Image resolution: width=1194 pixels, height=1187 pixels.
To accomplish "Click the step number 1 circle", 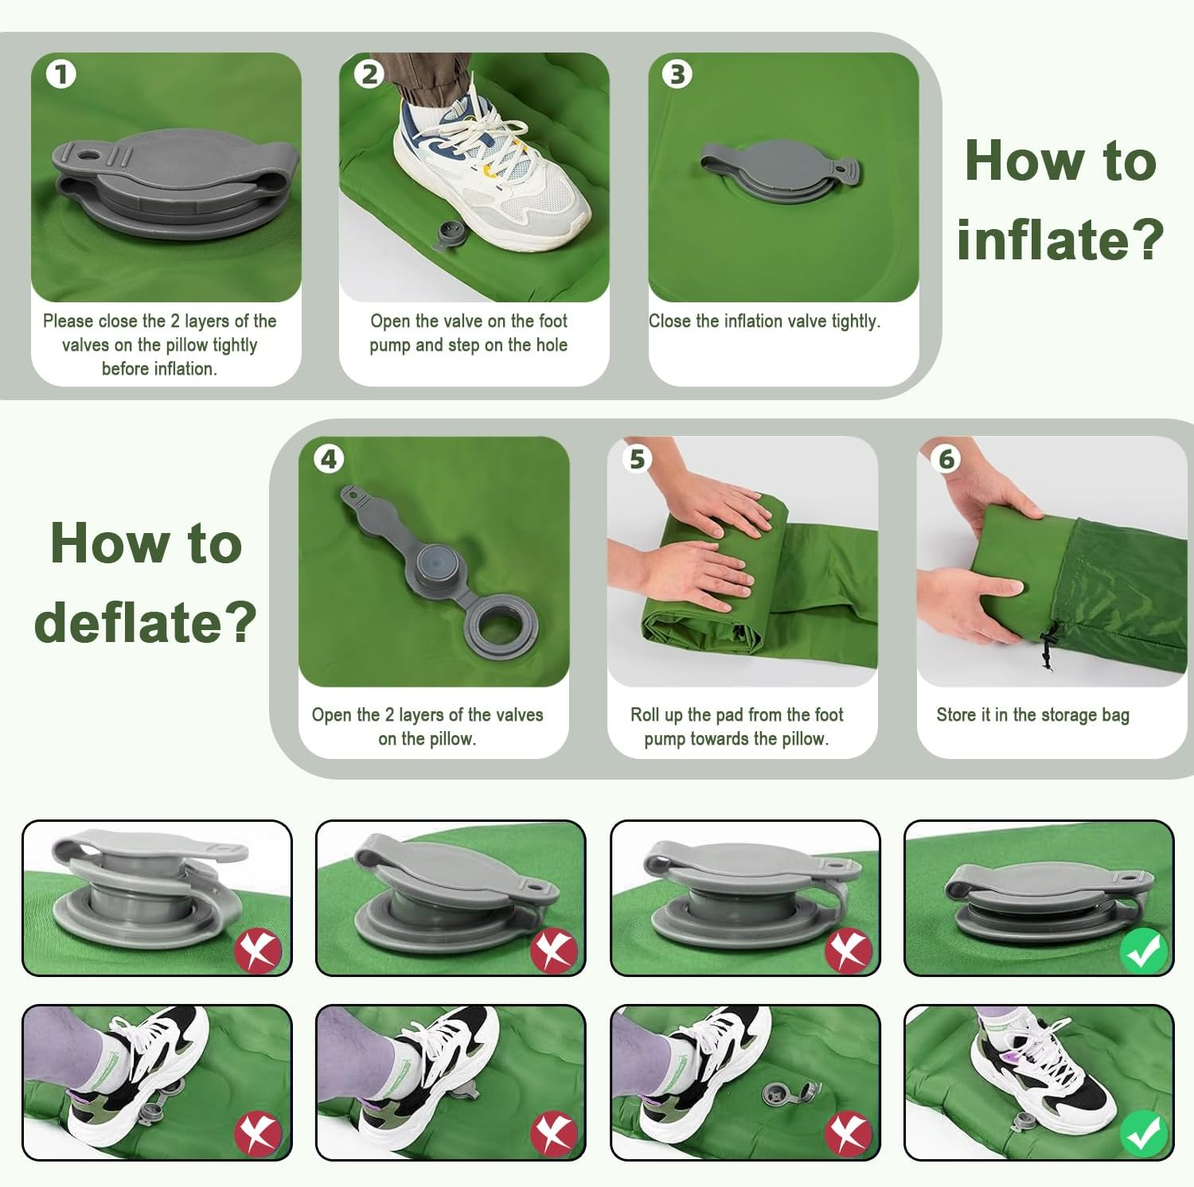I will pyautogui.click(x=60, y=75).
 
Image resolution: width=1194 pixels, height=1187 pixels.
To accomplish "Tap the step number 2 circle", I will pyautogui.click(x=369, y=75).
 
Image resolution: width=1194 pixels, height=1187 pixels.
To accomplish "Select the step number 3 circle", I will pyautogui.click(x=677, y=75).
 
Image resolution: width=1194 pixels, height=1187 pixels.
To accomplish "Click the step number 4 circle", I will pyautogui.click(x=329, y=459).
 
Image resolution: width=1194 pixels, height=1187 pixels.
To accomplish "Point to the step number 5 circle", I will pyautogui.click(x=638, y=459).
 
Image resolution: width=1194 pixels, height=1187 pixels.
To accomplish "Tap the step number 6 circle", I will pyautogui.click(x=946, y=459).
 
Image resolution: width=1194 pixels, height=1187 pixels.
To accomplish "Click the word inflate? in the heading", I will pyautogui.click(x=1059, y=239).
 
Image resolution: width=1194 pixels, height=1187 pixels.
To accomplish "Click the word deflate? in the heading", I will pyautogui.click(x=146, y=621).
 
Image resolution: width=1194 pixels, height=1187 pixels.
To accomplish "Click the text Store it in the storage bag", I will pyautogui.click(x=1032, y=715).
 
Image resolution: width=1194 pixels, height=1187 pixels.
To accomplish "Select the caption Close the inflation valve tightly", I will pyautogui.click(x=764, y=321).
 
